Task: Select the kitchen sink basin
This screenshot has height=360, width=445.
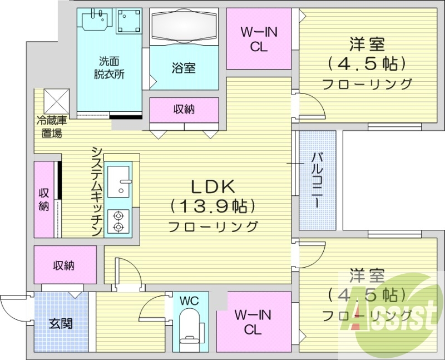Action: pyautogui.click(x=118, y=181)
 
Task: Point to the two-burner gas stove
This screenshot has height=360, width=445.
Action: pyautogui.click(x=118, y=220)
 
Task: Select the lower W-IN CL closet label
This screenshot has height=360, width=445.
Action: pyautogui.click(x=253, y=322)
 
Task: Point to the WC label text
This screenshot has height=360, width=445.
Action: pyautogui.click(x=190, y=301)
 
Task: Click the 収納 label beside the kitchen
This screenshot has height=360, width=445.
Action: pyautogui.click(x=44, y=199)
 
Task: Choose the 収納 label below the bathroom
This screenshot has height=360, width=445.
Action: pyautogui.click(x=183, y=109)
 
